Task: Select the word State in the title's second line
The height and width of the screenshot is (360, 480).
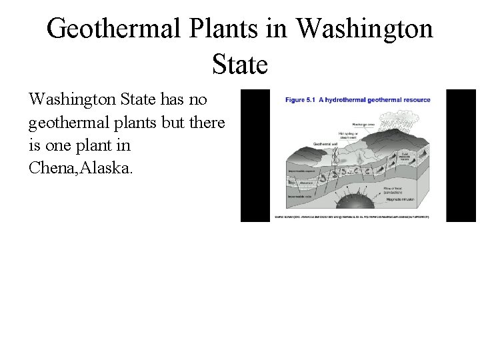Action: coord(240,65)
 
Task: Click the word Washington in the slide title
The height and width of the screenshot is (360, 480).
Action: coord(363,29)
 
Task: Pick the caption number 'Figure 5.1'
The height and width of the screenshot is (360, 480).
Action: coord(305,100)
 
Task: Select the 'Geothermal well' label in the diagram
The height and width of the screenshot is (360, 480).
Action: coord(308,143)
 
